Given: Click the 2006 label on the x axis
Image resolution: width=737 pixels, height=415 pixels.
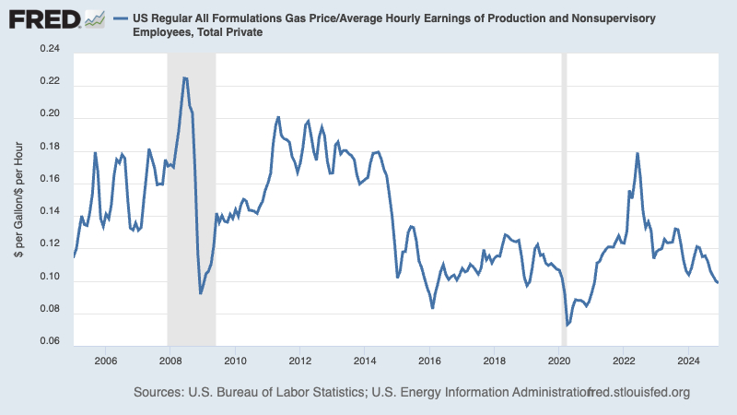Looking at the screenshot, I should tap(105, 361).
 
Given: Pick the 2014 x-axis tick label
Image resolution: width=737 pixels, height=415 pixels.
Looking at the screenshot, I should tap(365, 361).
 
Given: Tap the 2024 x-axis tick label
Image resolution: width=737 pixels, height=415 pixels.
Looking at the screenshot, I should tap(689, 361).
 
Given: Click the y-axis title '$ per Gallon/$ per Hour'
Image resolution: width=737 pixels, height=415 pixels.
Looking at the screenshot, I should tap(20, 196).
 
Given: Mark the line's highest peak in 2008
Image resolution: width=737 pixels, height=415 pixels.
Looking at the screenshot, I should tap(185, 78).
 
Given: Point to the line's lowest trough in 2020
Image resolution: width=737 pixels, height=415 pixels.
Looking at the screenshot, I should tap(567, 325).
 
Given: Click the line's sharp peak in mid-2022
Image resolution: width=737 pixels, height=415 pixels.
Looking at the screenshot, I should tap(637, 153).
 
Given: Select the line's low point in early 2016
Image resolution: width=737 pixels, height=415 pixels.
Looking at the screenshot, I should tap(433, 307).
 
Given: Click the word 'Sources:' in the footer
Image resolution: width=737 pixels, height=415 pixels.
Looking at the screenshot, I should tap(162, 393).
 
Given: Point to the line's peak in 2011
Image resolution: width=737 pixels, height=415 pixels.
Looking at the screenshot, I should tap(278, 117).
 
